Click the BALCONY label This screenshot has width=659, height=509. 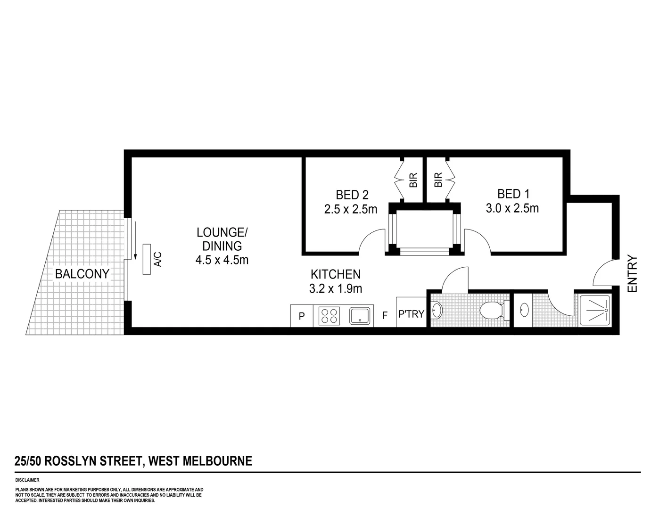click(x=82, y=274)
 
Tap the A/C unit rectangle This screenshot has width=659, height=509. click(x=147, y=259)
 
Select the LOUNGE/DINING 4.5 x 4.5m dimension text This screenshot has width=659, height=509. click(x=222, y=260)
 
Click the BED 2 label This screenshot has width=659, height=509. click(x=352, y=195)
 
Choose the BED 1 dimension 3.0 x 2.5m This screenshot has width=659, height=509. click(x=512, y=208)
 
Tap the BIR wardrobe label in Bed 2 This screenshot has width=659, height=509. click(x=413, y=180)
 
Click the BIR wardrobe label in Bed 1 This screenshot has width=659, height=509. click(x=438, y=180)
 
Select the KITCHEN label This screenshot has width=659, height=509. click(x=335, y=274)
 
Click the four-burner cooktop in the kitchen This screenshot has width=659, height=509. click(x=329, y=315)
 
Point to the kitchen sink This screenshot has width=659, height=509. click(x=361, y=315)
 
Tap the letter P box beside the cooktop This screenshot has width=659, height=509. click(x=302, y=316)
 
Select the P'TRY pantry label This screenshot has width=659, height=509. click(x=411, y=313)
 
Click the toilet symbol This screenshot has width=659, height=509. click(x=491, y=311)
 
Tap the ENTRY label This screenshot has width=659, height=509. click(x=633, y=274)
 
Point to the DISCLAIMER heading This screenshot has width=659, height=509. click(x=27, y=480)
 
